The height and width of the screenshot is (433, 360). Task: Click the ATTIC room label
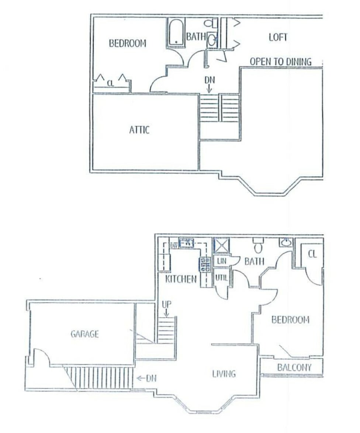click(x=139, y=130)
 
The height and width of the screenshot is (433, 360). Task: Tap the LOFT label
click(x=278, y=37)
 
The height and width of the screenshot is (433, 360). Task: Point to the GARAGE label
click(x=84, y=334)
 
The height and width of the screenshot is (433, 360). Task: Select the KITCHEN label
click(x=181, y=279)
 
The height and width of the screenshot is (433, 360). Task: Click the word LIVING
click(x=224, y=374)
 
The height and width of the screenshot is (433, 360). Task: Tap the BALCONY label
click(x=294, y=368)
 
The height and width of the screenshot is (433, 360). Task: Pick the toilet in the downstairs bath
click(x=258, y=245)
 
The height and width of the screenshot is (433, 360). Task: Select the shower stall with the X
click(x=221, y=245)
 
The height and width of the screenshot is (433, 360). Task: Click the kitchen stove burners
click(x=205, y=264)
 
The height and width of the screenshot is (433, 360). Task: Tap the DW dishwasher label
click(x=174, y=245)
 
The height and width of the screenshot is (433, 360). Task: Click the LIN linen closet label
click(x=222, y=261)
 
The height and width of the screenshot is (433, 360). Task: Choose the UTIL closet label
click(x=221, y=278)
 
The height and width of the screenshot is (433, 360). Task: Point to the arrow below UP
click(x=166, y=313)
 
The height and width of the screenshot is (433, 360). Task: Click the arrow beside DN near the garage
click(x=141, y=378)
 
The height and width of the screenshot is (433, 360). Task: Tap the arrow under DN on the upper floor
click(x=209, y=89)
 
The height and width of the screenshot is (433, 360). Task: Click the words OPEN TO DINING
click(x=281, y=61)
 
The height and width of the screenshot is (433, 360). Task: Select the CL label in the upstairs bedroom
click(x=110, y=83)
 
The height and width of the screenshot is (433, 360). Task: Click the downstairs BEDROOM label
click(x=290, y=320)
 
